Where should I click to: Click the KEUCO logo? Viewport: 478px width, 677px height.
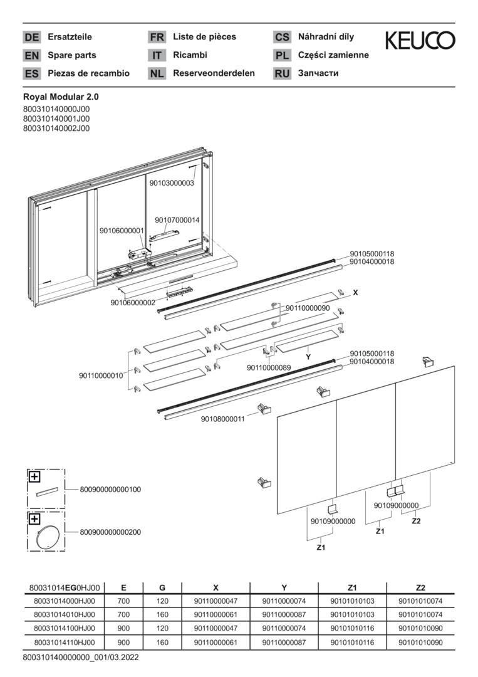click(420, 40)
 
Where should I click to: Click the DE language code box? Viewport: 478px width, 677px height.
click(31, 37)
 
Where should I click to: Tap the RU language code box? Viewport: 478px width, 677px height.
click(282, 73)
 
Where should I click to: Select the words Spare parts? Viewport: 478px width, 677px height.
click(72, 55)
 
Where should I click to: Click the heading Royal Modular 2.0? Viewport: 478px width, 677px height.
click(61, 97)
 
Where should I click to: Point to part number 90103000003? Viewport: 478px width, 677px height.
click(172, 183)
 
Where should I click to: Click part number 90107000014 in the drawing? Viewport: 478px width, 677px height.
click(177, 220)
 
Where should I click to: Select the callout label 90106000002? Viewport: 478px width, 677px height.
click(133, 303)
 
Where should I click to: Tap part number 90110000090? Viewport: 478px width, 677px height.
click(308, 308)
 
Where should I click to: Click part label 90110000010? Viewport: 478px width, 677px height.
click(101, 375)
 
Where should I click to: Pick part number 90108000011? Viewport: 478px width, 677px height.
click(222, 419)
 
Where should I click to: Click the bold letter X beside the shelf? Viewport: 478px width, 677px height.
click(355, 293)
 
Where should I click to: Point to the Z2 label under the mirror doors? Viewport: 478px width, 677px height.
click(417, 521)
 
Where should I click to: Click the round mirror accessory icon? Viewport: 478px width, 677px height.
click(47, 536)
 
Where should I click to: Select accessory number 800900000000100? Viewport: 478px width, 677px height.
click(110, 490)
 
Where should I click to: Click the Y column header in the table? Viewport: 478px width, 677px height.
click(284, 587)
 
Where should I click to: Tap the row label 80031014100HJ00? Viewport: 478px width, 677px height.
click(65, 628)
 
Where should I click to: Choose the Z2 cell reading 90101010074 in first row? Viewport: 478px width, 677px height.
click(420, 601)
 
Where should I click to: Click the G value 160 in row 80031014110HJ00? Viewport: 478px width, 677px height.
click(162, 643)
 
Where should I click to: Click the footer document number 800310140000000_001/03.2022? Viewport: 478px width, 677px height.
click(81, 658)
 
